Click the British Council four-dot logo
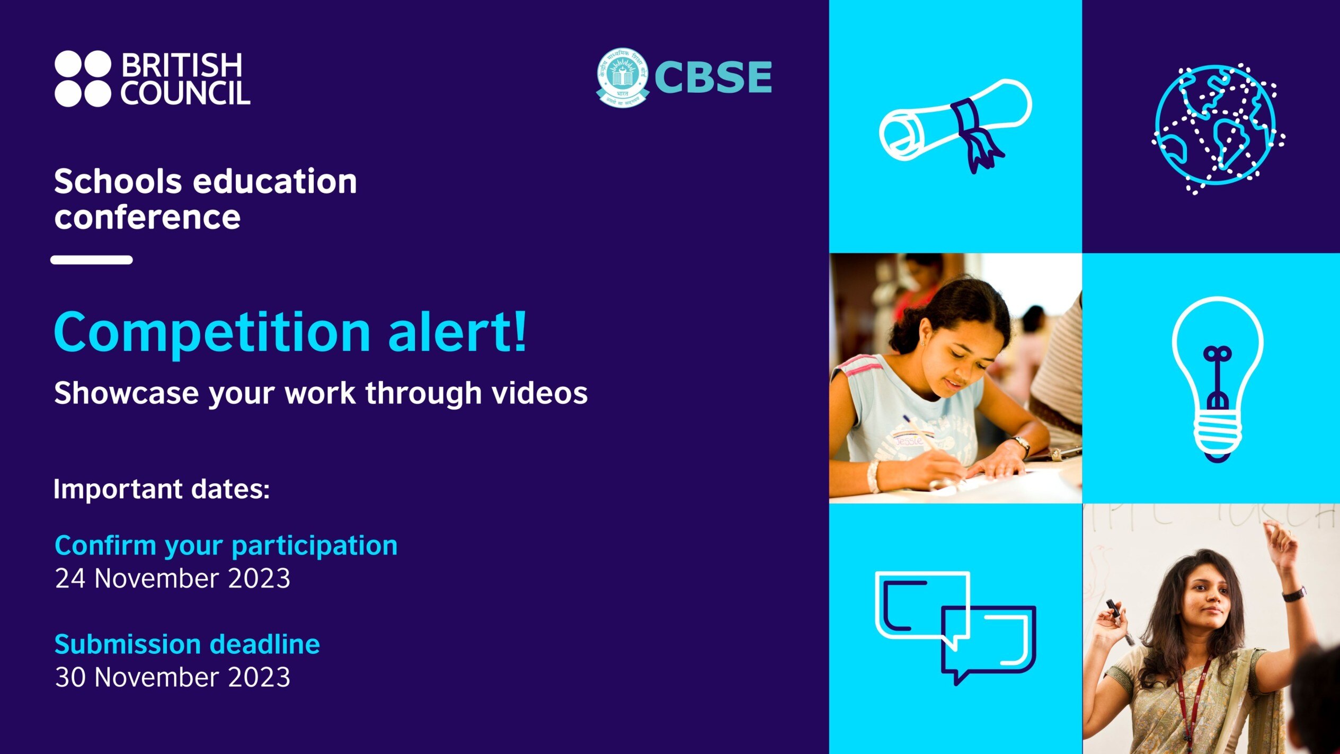pos(83,78)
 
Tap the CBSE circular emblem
pos(622,77)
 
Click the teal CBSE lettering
pos(713,77)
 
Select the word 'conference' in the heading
pos(147,217)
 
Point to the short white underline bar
pos(92,260)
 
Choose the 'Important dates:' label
pos(162,489)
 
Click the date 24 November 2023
pos(173,578)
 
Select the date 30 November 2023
pos(173,677)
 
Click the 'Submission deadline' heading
pos(187,644)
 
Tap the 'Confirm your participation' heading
pos(226,545)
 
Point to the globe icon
pos(1216,127)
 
